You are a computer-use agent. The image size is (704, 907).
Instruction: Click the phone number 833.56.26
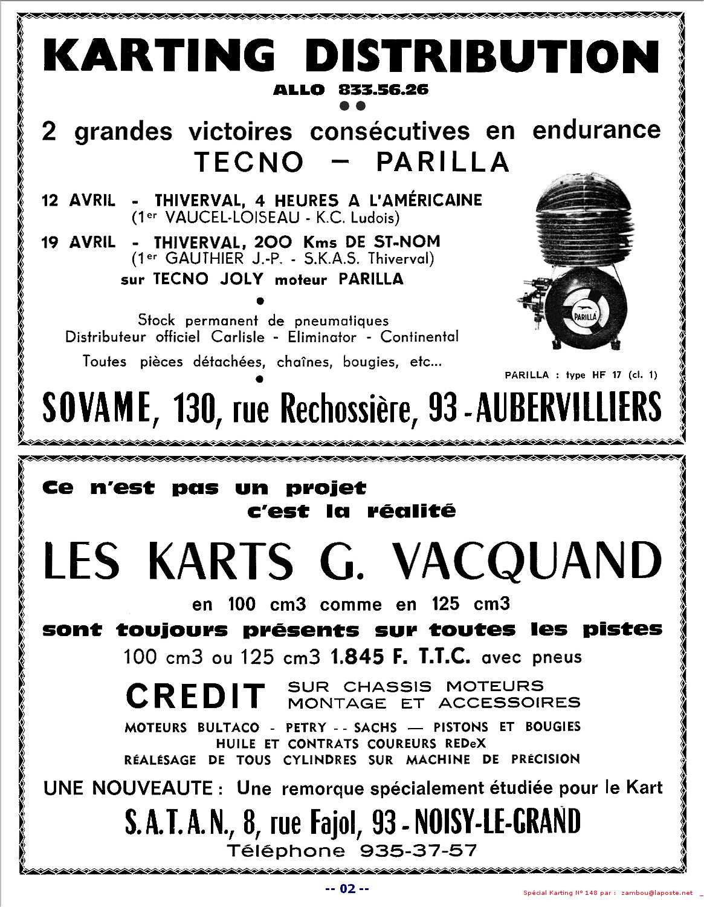[x=383, y=90]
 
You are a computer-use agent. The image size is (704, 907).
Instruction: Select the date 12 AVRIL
[x=79, y=200]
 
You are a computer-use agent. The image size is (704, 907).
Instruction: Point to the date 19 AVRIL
[x=79, y=242]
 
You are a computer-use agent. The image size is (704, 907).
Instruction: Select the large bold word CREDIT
[x=195, y=695]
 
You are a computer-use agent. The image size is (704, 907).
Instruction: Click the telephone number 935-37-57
[x=418, y=851]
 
